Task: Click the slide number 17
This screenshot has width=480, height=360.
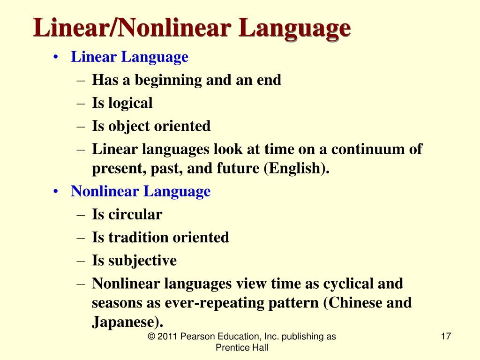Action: coord(446,337)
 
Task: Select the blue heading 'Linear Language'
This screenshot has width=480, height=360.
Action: coord(129,57)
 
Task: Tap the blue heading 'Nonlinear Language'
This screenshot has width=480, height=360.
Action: coord(141,191)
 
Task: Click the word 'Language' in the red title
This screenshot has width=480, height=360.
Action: coord(294,29)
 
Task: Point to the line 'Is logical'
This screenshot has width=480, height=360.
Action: coord(122,103)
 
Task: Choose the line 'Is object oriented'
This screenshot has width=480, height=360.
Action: coord(151,126)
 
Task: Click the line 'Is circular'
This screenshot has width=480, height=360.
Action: coord(127,215)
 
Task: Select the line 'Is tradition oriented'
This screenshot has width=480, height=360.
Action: coord(160,237)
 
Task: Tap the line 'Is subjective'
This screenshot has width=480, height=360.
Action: coord(134,260)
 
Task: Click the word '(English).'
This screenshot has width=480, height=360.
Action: coord(297,169)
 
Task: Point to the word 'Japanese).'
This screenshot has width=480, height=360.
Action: coord(128,322)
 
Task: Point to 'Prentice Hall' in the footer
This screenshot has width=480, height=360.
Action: coord(241,347)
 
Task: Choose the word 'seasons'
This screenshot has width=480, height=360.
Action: coord(120,303)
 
